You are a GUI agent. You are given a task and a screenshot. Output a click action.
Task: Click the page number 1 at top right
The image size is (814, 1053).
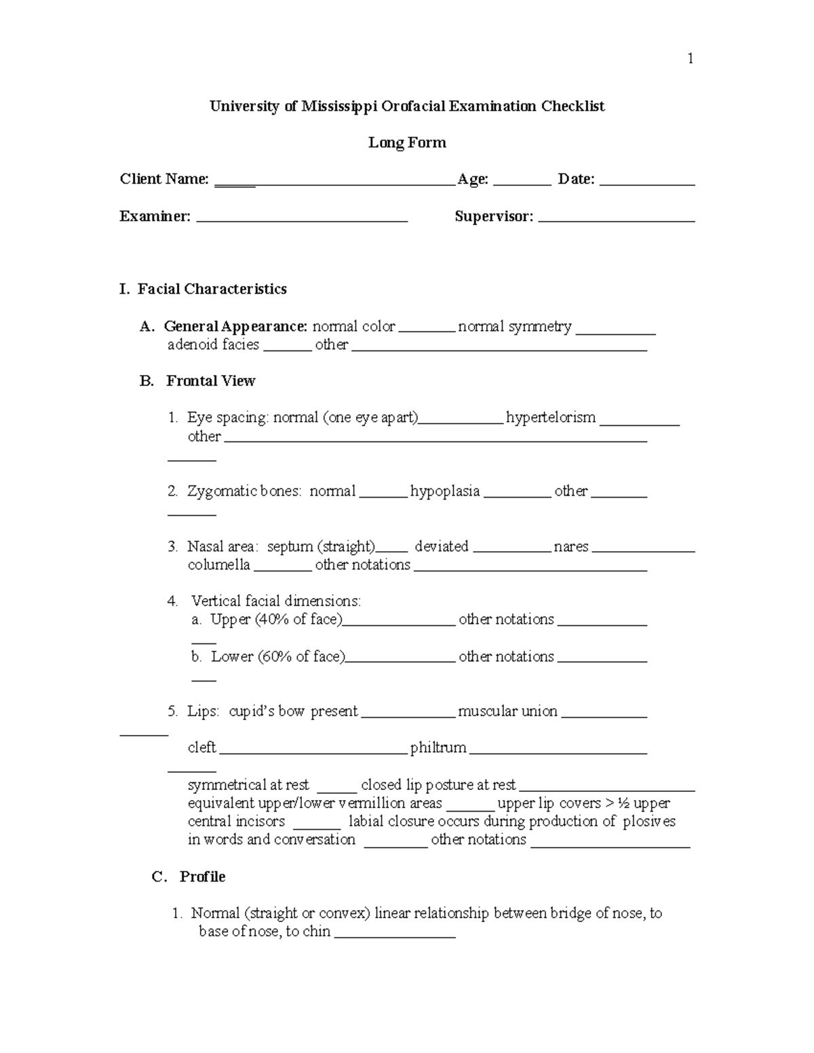pyautogui.click(x=690, y=59)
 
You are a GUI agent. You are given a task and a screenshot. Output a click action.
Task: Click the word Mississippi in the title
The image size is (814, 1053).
pyautogui.click(x=338, y=106)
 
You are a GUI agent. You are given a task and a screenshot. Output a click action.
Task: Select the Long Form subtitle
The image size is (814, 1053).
pyautogui.click(x=407, y=143)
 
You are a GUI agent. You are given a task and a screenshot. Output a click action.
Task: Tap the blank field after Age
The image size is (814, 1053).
pyautogui.click(x=522, y=182)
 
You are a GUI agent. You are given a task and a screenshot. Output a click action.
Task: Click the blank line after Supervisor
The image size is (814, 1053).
pyautogui.click(x=616, y=219)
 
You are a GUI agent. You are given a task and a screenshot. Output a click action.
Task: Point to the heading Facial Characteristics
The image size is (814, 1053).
pyautogui.click(x=212, y=290)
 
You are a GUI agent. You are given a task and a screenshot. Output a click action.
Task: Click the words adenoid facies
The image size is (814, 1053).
pyautogui.click(x=213, y=345)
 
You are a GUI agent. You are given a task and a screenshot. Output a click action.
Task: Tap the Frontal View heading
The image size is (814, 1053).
pyautogui.click(x=210, y=382)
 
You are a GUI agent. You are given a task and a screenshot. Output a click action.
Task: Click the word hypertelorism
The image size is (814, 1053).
pyautogui.click(x=551, y=418)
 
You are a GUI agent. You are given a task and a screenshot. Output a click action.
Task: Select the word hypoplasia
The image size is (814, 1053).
pyautogui.click(x=445, y=492)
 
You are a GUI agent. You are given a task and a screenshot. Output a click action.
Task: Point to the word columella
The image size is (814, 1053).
pyautogui.click(x=218, y=565)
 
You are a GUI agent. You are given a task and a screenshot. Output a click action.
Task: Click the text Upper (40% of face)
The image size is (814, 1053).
pyautogui.click(x=276, y=620)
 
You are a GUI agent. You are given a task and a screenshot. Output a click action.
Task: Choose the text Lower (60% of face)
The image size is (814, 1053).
pyautogui.click(x=278, y=657)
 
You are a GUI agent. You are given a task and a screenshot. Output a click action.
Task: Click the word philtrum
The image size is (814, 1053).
pyautogui.click(x=438, y=748)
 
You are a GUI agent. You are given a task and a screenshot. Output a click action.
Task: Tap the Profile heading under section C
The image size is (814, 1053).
pyautogui.click(x=202, y=877)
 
